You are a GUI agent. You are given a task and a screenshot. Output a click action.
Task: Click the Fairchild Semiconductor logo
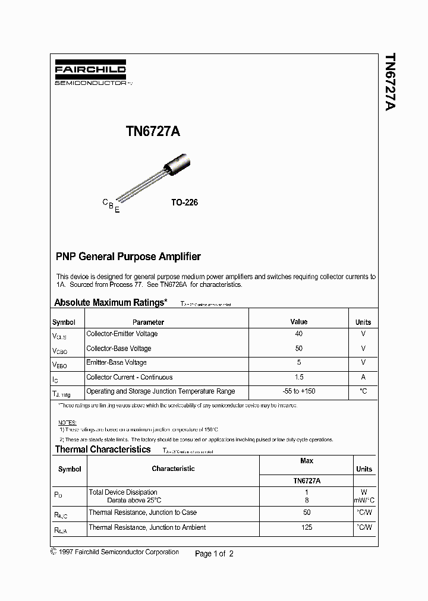90,74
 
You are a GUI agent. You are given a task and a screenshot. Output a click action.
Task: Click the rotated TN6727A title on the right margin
389,83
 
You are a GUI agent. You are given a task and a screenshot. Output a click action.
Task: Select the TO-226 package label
184,203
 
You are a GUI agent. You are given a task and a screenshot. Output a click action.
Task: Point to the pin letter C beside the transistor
105,203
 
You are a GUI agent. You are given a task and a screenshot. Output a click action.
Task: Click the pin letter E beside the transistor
117,210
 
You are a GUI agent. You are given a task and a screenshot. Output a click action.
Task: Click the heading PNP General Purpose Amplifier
128,257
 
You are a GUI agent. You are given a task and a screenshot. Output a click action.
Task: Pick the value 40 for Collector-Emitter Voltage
298,334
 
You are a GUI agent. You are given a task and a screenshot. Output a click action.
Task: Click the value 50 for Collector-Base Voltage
298,349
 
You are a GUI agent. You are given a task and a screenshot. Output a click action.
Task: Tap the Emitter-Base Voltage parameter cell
117,362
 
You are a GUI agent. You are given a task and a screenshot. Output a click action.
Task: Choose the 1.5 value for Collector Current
298,377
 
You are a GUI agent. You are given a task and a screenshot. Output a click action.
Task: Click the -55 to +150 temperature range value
298,391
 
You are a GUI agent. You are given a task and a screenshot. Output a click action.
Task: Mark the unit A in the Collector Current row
363,377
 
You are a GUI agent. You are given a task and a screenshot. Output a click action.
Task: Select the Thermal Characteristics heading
103,450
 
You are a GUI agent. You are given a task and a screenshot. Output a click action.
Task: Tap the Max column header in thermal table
307,461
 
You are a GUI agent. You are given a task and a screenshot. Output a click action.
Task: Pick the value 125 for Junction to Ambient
307,527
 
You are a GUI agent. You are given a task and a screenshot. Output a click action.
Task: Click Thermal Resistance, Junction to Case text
143,513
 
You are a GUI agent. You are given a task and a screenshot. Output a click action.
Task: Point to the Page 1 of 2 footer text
214,553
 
